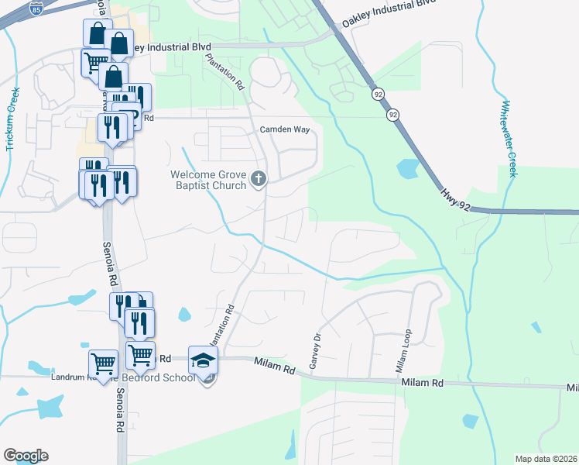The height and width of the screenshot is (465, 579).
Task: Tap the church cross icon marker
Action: click(x=259, y=180)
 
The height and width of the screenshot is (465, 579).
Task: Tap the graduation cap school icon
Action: click(x=204, y=360)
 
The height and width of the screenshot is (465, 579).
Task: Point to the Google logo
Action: click(x=26, y=456)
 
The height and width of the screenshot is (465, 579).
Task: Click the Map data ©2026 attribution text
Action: click(x=546, y=459)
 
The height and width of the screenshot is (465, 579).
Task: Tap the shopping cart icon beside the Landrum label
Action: click(x=103, y=361)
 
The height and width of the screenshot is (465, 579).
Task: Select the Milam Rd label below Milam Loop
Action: click(x=422, y=383)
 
